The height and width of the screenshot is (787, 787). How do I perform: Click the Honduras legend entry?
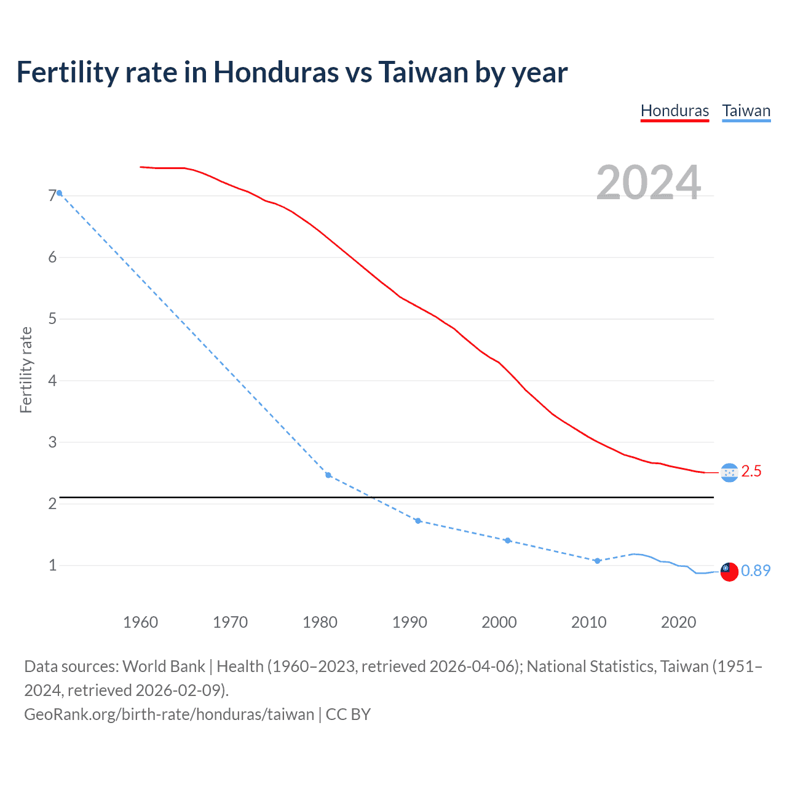[x=674, y=111]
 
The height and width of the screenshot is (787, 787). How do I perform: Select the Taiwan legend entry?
[x=746, y=111]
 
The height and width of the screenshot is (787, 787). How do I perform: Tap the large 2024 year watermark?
[x=649, y=183]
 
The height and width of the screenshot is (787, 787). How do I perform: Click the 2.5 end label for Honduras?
[x=751, y=472]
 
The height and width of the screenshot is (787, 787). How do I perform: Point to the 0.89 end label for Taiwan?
[x=755, y=571]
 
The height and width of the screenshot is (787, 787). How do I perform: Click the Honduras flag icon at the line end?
[x=729, y=472]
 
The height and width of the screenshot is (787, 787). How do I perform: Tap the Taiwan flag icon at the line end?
[x=729, y=571]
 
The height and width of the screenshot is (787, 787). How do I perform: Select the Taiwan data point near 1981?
[x=328, y=475]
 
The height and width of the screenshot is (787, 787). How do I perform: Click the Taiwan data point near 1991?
[x=418, y=521]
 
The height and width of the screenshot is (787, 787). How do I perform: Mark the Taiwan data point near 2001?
[x=507, y=540]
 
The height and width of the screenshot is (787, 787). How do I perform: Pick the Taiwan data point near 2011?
[x=597, y=561]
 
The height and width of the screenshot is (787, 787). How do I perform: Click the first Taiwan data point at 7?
[x=59, y=193]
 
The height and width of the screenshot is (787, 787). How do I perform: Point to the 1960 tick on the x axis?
[x=140, y=622]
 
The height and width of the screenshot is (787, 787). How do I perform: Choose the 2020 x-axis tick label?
[x=678, y=622]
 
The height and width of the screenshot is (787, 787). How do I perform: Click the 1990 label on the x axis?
[x=409, y=622]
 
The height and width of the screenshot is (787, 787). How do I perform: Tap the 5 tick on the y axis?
[x=52, y=319]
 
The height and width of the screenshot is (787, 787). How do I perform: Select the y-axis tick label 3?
[x=52, y=442]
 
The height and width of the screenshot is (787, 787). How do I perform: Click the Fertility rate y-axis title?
[x=26, y=370]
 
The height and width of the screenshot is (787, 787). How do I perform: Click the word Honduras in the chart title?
[x=275, y=73]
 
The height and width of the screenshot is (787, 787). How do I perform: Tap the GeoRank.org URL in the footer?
[x=169, y=714]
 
